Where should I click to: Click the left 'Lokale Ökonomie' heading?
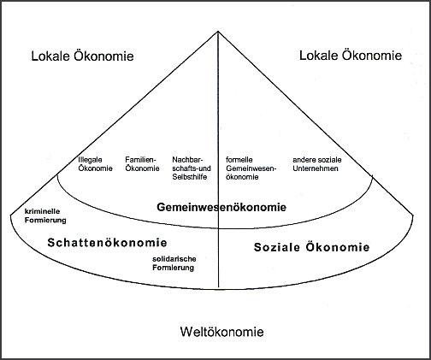click(x=82, y=56)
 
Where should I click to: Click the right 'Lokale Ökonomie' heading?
click(x=351, y=55)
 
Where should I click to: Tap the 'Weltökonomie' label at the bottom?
click(x=221, y=332)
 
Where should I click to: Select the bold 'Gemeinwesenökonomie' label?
click(x=221, y=207)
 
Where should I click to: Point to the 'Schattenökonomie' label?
click(x=107, y=243)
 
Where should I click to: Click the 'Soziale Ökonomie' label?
click(x=311, y=247)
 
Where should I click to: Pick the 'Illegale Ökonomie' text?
click(x=95, y=164)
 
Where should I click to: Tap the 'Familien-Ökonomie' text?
click(x=142, y=164)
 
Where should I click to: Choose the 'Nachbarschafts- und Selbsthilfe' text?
click(x=192, y=168)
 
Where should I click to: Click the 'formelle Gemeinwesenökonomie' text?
click(x=251, y=168)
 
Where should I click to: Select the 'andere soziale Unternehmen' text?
click(x=317, y=164)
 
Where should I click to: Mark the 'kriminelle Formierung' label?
click(x=45, y=215)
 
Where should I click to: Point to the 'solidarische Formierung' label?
click(x=174, y=263)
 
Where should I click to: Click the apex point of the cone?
click(x=218, y=31)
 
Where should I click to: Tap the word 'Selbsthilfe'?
click(x=190, y=177)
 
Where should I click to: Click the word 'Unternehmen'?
click(x=316, y=168)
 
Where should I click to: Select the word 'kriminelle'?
click(x=42, y=211)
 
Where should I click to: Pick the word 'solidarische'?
click(x=174, y=259)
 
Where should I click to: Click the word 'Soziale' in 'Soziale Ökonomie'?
click(x=277, y=247)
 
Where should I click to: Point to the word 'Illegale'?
click(x=90, y=160)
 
